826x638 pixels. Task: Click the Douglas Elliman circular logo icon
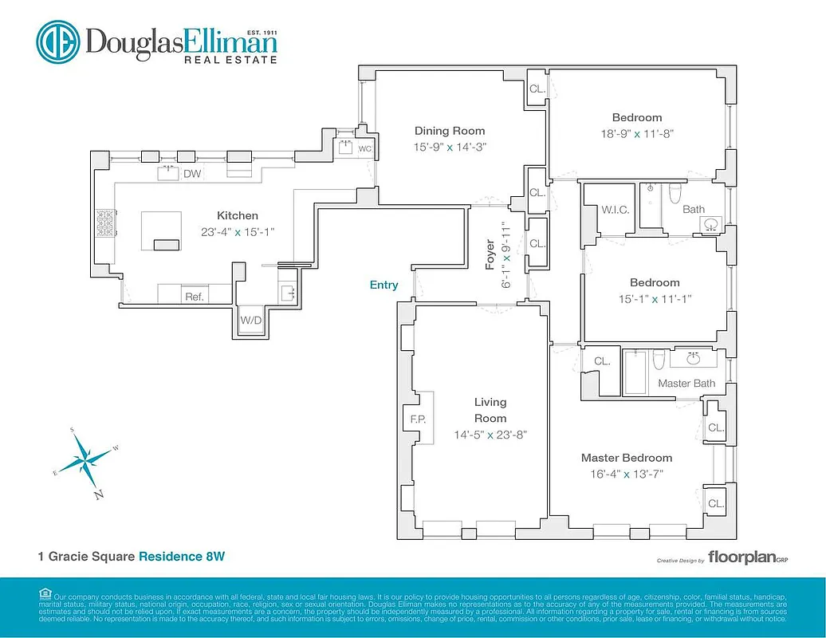pyautogui.click(x=57, y=41)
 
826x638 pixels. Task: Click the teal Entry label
pyautogui.click(x=383, y=285)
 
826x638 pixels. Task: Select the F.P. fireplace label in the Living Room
pyautogui.click(x=418, y=418)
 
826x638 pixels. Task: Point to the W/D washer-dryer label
pyautogui.click(x=251, y=320)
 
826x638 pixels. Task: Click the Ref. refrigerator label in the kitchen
pyautogui.click(x=195, y=297)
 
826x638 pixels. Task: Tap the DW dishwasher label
pyautogui.click(x=192, y=174)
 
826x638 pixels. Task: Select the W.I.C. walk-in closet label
pyautogui.click(x=616, y=210)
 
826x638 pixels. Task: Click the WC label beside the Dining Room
pyautogui.click(x=364, y=149)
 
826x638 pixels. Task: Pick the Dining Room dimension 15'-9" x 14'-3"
pyautogui.click(x=449, y=147)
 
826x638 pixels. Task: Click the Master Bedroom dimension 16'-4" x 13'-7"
pyautogui.click(x=626, y=474)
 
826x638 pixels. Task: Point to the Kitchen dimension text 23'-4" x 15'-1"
pyautogui.click(x=237, y=232)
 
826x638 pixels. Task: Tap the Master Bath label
pyautogui.click(x=686, y=384)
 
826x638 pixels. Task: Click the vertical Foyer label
pyautogui.click(x=491, y=254)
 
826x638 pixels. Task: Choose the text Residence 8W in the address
pyautogui.click(x=182, y=556)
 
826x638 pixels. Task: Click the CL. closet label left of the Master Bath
pyautogui.click(x=601, y=361)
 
